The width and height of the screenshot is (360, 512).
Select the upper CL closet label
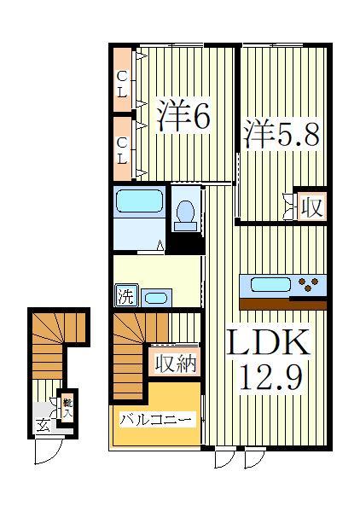122,84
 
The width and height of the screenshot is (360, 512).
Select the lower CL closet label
122,149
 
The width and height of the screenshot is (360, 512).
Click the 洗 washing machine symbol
125,298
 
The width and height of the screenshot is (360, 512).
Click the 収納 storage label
176,364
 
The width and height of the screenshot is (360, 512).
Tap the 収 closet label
311,206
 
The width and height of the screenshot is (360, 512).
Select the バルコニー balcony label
157,419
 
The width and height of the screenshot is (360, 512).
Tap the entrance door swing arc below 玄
47,450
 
